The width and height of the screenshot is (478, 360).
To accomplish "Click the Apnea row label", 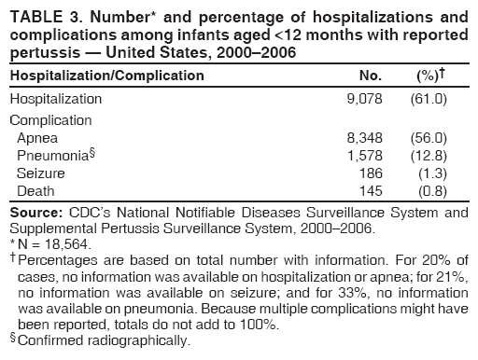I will pyautogui.click(x=35, y=138).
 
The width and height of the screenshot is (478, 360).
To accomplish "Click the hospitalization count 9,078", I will pyautogui.click(x=363, y=98).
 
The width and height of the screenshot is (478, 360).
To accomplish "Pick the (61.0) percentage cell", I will pyautogui.click(x=430, y=98).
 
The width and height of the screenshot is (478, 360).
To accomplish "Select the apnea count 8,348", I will pyautogui.click(x=363, y=138).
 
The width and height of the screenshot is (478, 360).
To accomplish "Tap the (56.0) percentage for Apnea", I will pyautogui.click(x=430, y=138).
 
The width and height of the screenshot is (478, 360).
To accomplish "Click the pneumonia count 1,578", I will pyautogui.click(x=363, y=156).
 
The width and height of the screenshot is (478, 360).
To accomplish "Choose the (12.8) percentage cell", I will pyautogui.click(x=430, y=156).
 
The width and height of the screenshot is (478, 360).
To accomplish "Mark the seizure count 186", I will pyautogui.click(x=371, y=173).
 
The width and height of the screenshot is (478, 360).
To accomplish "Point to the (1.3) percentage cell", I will pyautogui.click(x=434, y=173).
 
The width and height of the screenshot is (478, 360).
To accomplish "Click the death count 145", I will pyautogui.click(x=371, y=191).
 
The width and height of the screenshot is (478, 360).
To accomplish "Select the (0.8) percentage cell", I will pyautogui.click(x=434, y=191).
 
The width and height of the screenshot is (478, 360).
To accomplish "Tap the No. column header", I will pyautogui.click(x=371, y=74).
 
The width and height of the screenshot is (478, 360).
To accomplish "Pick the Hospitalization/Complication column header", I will pyautogui.click(x=106, y=74).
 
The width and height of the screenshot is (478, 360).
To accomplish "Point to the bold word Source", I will pyautogui.click(x=34, y=214).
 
